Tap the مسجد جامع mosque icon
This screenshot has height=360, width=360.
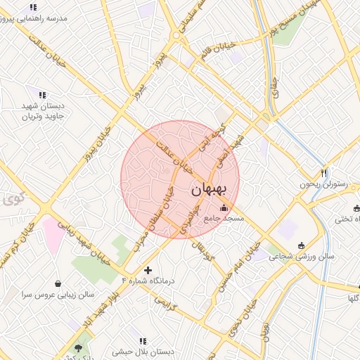[224, 208]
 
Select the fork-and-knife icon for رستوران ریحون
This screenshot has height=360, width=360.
[323, 173]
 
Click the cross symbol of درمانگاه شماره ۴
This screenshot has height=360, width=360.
[148, 270]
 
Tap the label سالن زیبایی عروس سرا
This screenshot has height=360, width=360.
[56, 295]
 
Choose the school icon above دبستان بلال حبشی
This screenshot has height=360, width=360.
[143, 340]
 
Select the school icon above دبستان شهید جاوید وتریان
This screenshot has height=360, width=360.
[42, 94]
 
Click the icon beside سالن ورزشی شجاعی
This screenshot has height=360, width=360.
[302, 245]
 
